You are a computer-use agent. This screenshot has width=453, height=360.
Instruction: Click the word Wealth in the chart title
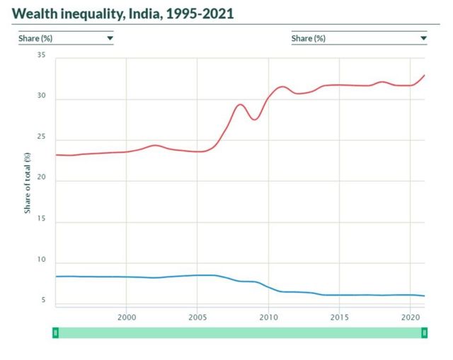[33, 13]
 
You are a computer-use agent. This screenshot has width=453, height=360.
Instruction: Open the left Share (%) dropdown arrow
[110, 38]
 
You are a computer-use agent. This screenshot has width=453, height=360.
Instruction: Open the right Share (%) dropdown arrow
[423, 38]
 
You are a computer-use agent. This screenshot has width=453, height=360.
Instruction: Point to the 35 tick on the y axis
[41, 56]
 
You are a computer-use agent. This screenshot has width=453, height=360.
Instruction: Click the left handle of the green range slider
[55, 332]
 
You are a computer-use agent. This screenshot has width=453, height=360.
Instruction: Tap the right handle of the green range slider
[425, 332]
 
